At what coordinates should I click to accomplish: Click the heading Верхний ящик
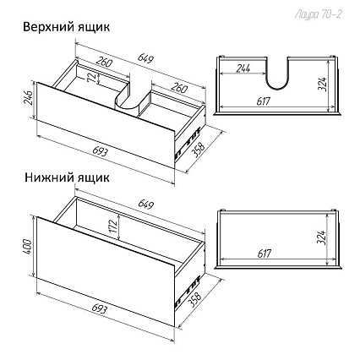pos(67,28)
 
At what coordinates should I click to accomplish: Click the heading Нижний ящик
pos(67,177)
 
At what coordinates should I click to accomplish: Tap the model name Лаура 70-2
pos(319,14)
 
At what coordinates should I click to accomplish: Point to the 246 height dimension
pos(30,97)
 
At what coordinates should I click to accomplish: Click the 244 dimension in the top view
pos(243,68)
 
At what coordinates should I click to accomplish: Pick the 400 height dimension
pos(27,247)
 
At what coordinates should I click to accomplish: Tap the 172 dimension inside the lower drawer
pos(113,226)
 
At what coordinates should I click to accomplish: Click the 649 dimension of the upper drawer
pos(145,57)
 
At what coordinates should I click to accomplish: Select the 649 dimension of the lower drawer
pos(146,205)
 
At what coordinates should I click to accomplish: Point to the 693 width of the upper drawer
pos(100,151)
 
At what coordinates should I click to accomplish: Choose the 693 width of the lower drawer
pos(100,308)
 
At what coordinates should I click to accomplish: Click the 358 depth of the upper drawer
pos(199,147)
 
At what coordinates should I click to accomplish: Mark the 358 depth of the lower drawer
pos(195,298)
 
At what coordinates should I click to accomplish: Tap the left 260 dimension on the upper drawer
pos(104,63)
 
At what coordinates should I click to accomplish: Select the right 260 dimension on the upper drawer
pos(178,88)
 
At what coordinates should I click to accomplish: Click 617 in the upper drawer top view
pos(264,101)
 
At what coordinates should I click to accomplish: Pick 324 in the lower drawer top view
pos(322,237)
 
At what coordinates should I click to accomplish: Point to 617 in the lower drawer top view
pos(265,254)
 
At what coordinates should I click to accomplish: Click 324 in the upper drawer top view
pos(322,84)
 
